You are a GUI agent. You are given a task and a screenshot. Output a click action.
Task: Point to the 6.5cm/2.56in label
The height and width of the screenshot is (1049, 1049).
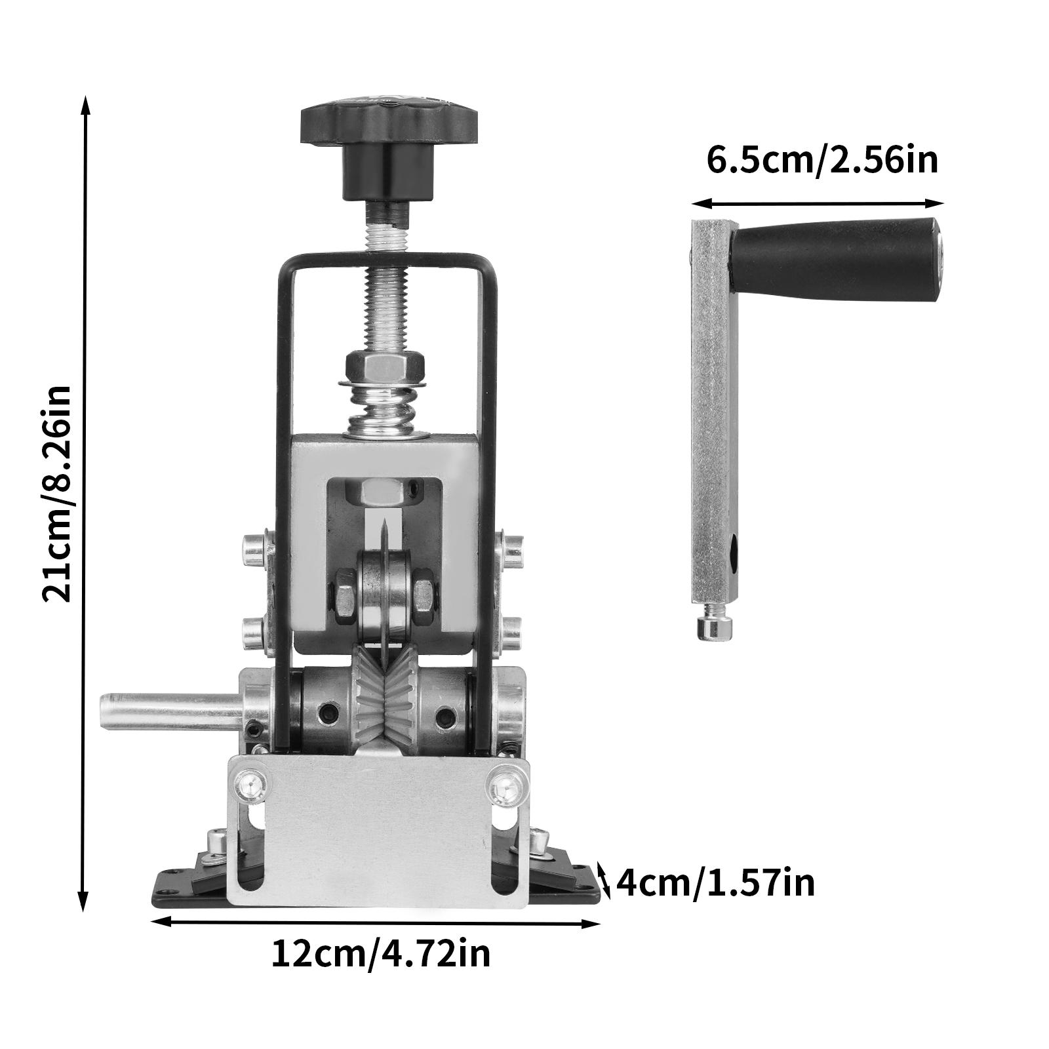click(822, 161)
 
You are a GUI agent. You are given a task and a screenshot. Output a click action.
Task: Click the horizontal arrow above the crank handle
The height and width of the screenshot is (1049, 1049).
click(818, 204)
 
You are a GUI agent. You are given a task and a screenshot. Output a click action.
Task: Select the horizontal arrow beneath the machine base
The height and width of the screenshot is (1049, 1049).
click(376, 922)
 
